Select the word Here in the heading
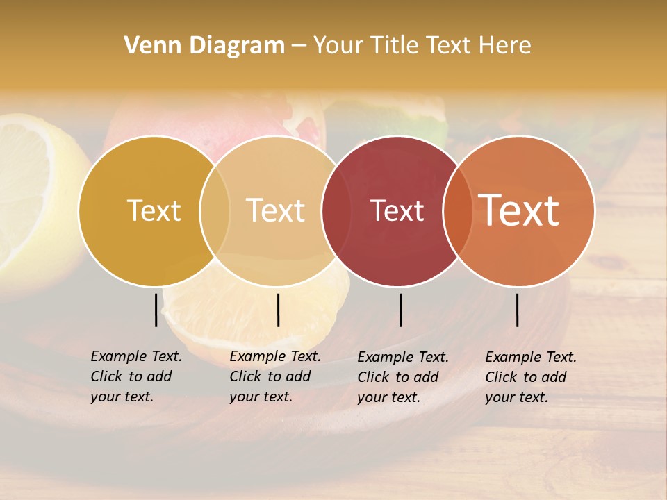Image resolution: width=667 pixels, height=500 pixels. pyautogui.click(x=505, y=46)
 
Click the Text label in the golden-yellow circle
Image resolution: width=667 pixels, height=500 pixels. pyautogui.click(x=154, y=210)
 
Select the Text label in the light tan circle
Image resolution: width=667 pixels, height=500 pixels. pyautogui.click(x=276, y=210)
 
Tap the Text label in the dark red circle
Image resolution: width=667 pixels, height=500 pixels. pyautogui.click(x=397, y=211)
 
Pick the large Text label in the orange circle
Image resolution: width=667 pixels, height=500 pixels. pyautogui.click(x=518, y=210)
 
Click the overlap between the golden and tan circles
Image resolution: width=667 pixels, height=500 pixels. pyautogui.click(x=215, y=211)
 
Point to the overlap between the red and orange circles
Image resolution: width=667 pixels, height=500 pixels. pyautogui.click(x=458, y=211)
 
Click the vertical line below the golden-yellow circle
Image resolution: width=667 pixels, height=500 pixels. pyautogui.click(x=156, y=310)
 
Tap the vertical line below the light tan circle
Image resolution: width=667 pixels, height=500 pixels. pyautogui.click(x=278, y=310)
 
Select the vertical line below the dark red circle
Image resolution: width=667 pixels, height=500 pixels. pyautogui.click(x=400, y=310)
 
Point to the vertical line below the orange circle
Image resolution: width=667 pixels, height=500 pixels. pyautogui.click(x=517, y=310)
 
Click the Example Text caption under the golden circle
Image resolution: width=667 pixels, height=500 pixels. pyautogui.click(x=136, y=376)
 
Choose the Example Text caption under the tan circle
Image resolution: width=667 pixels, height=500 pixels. pyautogui.click(x=275, y=376)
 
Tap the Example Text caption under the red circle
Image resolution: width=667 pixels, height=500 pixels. pyautogui.click(x=403, y=377)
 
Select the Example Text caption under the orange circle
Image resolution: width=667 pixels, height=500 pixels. pyautogui.click(x=531, y=377)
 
